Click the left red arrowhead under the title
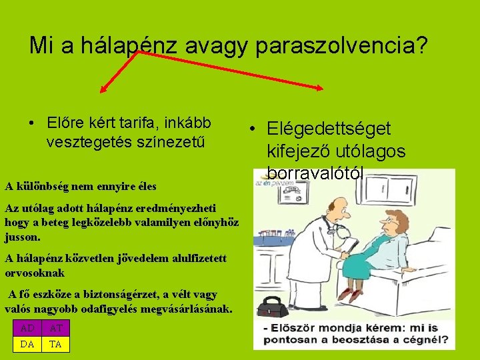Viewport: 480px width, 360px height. [103, 89]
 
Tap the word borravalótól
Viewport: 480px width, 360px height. [315, 173]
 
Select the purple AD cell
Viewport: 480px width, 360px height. [27, 329]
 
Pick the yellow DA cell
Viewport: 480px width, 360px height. [27, 344]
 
